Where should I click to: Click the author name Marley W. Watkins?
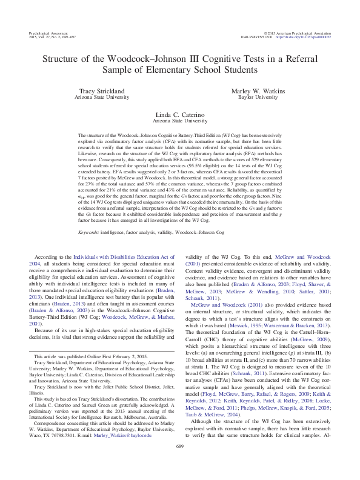[258, 91]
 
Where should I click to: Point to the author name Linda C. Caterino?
[180, 115]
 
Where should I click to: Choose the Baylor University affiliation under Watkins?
[258, 97]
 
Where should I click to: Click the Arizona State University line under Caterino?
[180, 121]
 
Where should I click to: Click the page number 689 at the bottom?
[179, 463]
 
